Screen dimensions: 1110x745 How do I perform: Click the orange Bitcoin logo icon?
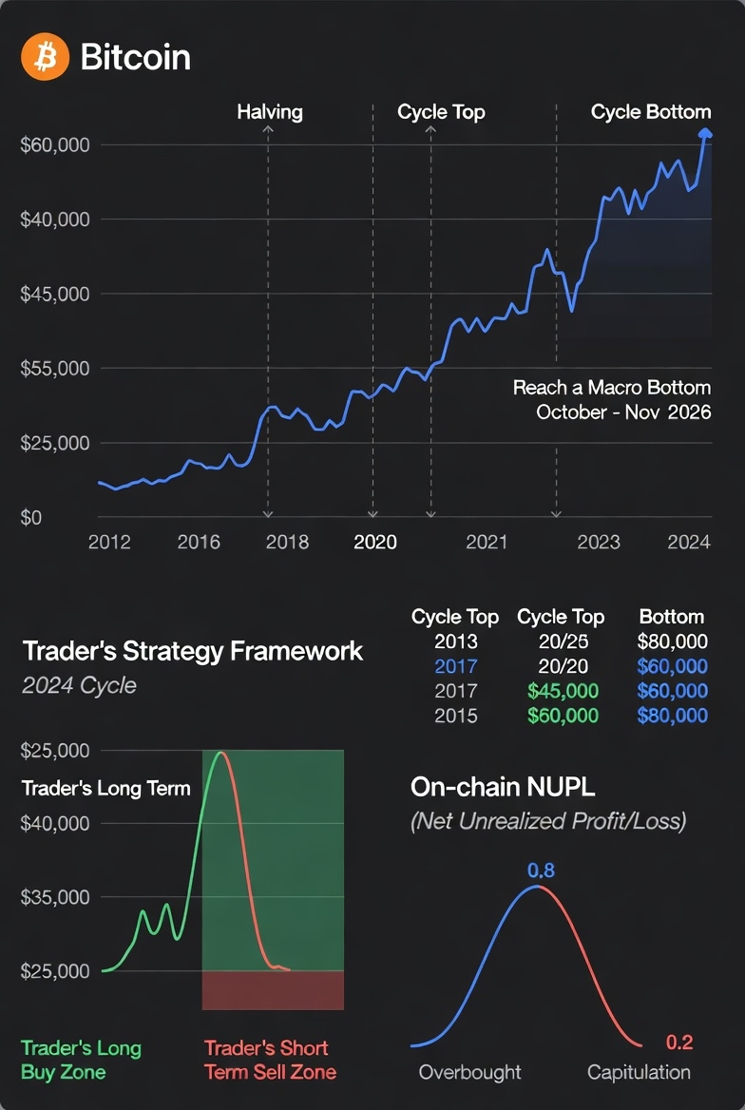(x=45, y=56)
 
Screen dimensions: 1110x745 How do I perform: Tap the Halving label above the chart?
(x=270, y=112)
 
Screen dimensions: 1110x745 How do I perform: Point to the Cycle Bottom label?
(x=650, y=112)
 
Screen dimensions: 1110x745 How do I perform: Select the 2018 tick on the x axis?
(x=287, y=542)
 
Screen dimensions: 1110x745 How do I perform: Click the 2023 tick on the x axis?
(x=599, y=542)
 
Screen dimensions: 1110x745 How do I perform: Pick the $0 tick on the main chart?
(x=32, y=517)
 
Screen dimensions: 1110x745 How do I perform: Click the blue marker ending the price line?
(x=705, y=134)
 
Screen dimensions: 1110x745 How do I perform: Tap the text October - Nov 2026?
(x=623, y=412)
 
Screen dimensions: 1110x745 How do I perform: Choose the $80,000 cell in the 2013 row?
(x=672, y=641)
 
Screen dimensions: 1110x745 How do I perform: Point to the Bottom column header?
(x=672, y=617)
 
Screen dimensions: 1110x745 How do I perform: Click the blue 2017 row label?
(x=455, y=666)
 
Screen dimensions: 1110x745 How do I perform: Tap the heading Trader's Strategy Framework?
(x=192, y=651)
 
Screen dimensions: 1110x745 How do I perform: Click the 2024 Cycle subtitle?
(x=79, y=685)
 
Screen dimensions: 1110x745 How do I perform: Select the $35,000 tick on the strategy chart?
(x=55, y=897)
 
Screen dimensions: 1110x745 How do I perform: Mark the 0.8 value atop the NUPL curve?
(x=540, y=871)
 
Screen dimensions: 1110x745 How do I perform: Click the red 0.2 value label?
(x=679, y=1043)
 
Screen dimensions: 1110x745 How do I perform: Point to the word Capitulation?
(x=639, y=1072)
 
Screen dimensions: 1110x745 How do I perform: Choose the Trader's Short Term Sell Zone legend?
(x=270, y=1060)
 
